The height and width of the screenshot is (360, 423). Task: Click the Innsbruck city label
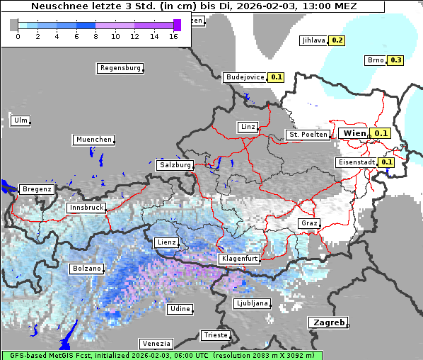pyautogui.click(x=86, y=208)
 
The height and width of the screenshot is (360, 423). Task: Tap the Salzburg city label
pyautogui.click(x=175, y=165)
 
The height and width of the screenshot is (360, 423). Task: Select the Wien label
pyautogui.click(x=354, y=133)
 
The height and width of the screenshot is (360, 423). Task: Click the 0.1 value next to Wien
pyautogui.click(x=381, y=133)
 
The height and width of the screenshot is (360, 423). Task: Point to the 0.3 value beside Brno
pyautogui.click(x=395, y=60)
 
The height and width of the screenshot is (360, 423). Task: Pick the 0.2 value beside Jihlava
pyautogui.click(x=337, y=40)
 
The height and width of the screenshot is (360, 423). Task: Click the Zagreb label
pyautogui.click(x=328, y=322)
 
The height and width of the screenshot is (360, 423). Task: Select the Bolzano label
pyautogui.click(x=86, y=269)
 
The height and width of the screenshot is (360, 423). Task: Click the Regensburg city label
pyautogui.click(x=120, y=68)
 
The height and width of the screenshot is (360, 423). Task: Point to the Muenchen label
pyautogui.click(x=93, y=140)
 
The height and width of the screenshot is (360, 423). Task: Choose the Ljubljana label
pyautogui.click(x=251, y=303)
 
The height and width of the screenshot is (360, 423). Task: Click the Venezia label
pyautogui.click(x=155, y=344)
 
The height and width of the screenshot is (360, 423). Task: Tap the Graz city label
pyautogui.click(x=308, y=223)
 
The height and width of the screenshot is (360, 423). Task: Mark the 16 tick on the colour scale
pyautogui.click(x=174, y=36)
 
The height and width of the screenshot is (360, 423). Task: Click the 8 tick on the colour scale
pyautogui.click(x=95, y=36)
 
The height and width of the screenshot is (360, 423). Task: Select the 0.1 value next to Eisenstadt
pyautogui.click(x=386, y=162)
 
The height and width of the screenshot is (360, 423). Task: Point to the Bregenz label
pyautogui.click(x=37, y=189)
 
